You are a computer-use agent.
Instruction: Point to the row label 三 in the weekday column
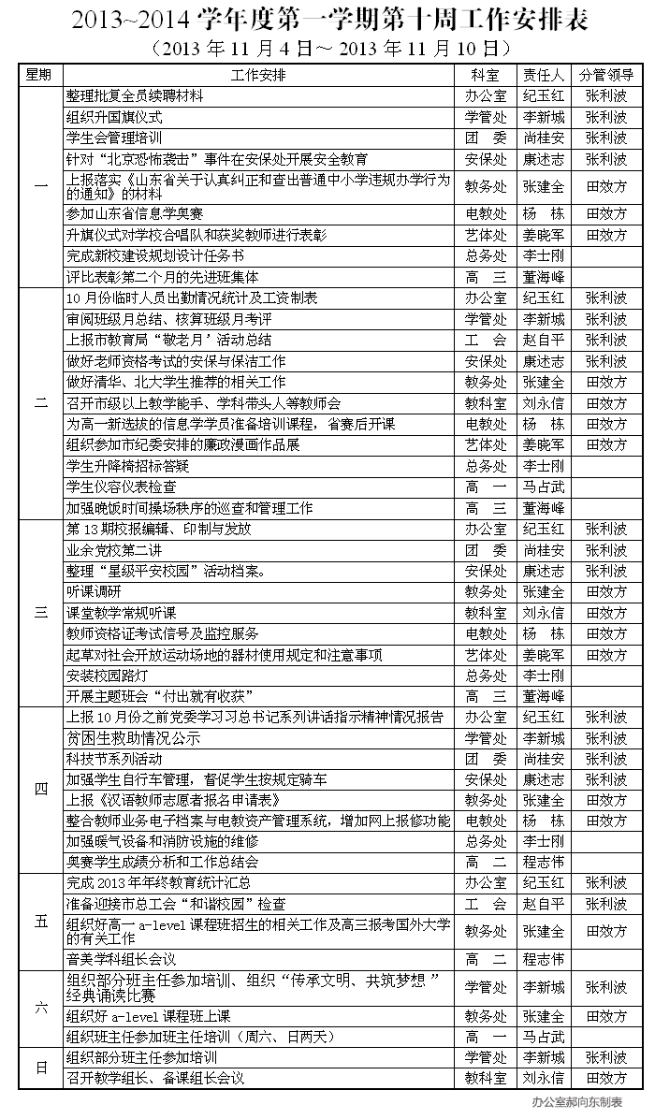tap(40, 613)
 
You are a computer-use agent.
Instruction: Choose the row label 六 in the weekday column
tap(40, 1008)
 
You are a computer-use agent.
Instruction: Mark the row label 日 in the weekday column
tap(40, 1068)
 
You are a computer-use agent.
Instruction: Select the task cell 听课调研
tap(95, 591)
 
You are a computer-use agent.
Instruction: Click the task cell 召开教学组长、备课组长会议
tap(154, 1078)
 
